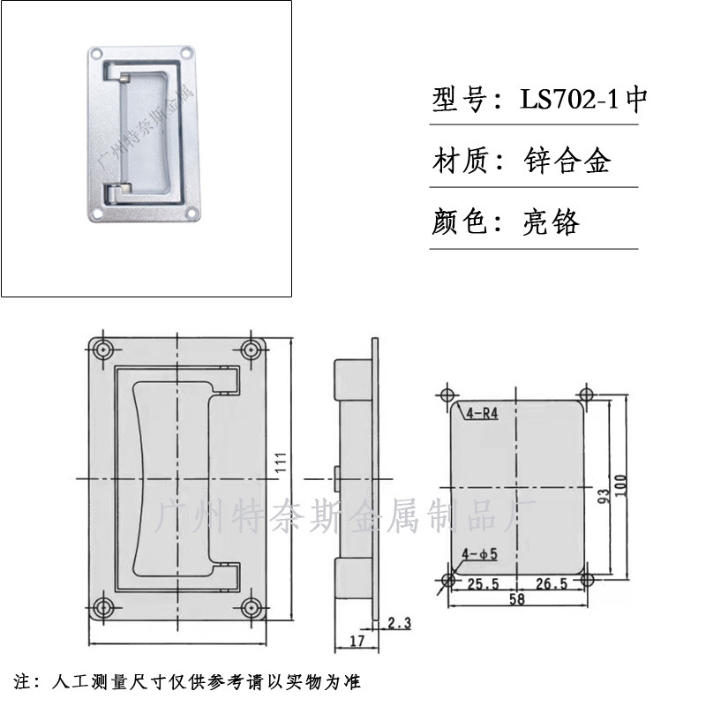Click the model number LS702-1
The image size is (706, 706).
pyautogui.click(x=569, y=99)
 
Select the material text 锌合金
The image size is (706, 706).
pyautogui.click(x=567, y=161)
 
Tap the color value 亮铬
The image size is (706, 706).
pyautogui.click(x=551, y=222)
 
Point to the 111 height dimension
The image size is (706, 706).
pyautogui.click(x=281, y=462)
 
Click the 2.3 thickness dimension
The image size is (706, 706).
pyautogui.click(x=400, y=623)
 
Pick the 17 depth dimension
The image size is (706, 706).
pyautogui.click(x=357, y=641)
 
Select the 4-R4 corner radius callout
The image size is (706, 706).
pyautogui.click(x=482, y=413)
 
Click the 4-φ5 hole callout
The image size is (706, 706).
pyautogui.click(x=480, y=554)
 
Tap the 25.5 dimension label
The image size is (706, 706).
pyautogui.click(x=483, y=584)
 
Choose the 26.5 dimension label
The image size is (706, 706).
pyautogui.click(x=552, y=583)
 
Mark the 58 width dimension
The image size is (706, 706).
pyautogui.click(x=517, y=599)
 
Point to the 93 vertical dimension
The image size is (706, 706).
pyautogui.click(x=603, y=496)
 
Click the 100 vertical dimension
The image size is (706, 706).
pyautogui.click(x=621, y=486)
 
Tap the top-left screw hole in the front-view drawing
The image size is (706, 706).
pyautogui.click(x=104, y=349)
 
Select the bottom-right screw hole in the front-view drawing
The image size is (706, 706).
pyautogui.click(x=252, y=607)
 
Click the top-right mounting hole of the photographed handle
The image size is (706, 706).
pyautogui.click(x=186, y=53)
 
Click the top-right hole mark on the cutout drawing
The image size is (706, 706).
pyautogui.click(x=585, y=394)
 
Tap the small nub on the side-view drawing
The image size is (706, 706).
pyautogui.click(x=337, y=478)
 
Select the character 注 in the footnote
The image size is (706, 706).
pyautogui.click(x=21, y=681)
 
